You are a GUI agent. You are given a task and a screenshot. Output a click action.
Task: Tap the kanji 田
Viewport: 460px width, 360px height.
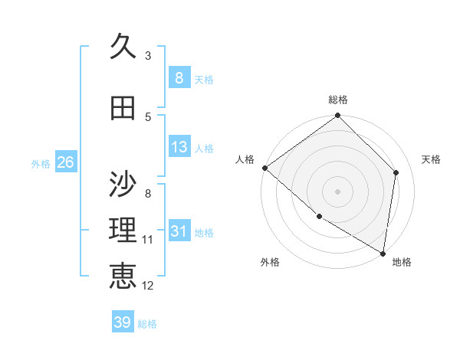point(123,108)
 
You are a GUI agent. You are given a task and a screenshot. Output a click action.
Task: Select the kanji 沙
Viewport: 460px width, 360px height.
point(123,183)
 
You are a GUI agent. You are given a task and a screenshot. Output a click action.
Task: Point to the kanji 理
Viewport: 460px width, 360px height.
point(123,230)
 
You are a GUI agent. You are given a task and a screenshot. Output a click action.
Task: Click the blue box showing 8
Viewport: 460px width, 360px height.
point(179,77)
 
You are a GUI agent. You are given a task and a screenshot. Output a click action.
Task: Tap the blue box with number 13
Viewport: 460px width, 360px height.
point(179,147)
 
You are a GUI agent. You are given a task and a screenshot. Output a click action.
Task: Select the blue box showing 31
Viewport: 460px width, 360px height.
point(179,231)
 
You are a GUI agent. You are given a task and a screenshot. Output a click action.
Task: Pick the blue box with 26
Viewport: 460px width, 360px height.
point(65,162)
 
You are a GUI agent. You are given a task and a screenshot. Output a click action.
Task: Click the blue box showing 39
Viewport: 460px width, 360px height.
point(122,322)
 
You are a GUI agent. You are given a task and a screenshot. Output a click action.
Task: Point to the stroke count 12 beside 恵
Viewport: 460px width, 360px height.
point(148,286)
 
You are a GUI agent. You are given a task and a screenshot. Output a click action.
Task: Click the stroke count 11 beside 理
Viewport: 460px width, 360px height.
point(148,240)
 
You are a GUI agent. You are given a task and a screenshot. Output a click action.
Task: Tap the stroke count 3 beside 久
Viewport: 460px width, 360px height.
point(148,56)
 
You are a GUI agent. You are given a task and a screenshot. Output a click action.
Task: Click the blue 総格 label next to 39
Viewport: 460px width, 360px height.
point(147,324)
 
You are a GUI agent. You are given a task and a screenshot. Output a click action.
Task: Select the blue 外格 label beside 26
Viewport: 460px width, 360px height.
point(41,163)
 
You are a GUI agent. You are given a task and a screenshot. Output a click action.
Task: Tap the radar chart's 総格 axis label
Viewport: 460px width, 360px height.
point(338,100)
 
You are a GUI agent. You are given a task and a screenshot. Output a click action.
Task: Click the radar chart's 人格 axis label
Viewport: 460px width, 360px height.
point(245,159)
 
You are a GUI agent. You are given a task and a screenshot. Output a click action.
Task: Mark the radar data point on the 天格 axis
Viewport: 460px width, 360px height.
point(396,172)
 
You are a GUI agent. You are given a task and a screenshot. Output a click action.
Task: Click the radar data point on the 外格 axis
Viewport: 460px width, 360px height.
point(319,216)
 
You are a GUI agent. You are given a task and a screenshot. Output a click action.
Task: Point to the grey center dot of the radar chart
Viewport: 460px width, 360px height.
point(337,191)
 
